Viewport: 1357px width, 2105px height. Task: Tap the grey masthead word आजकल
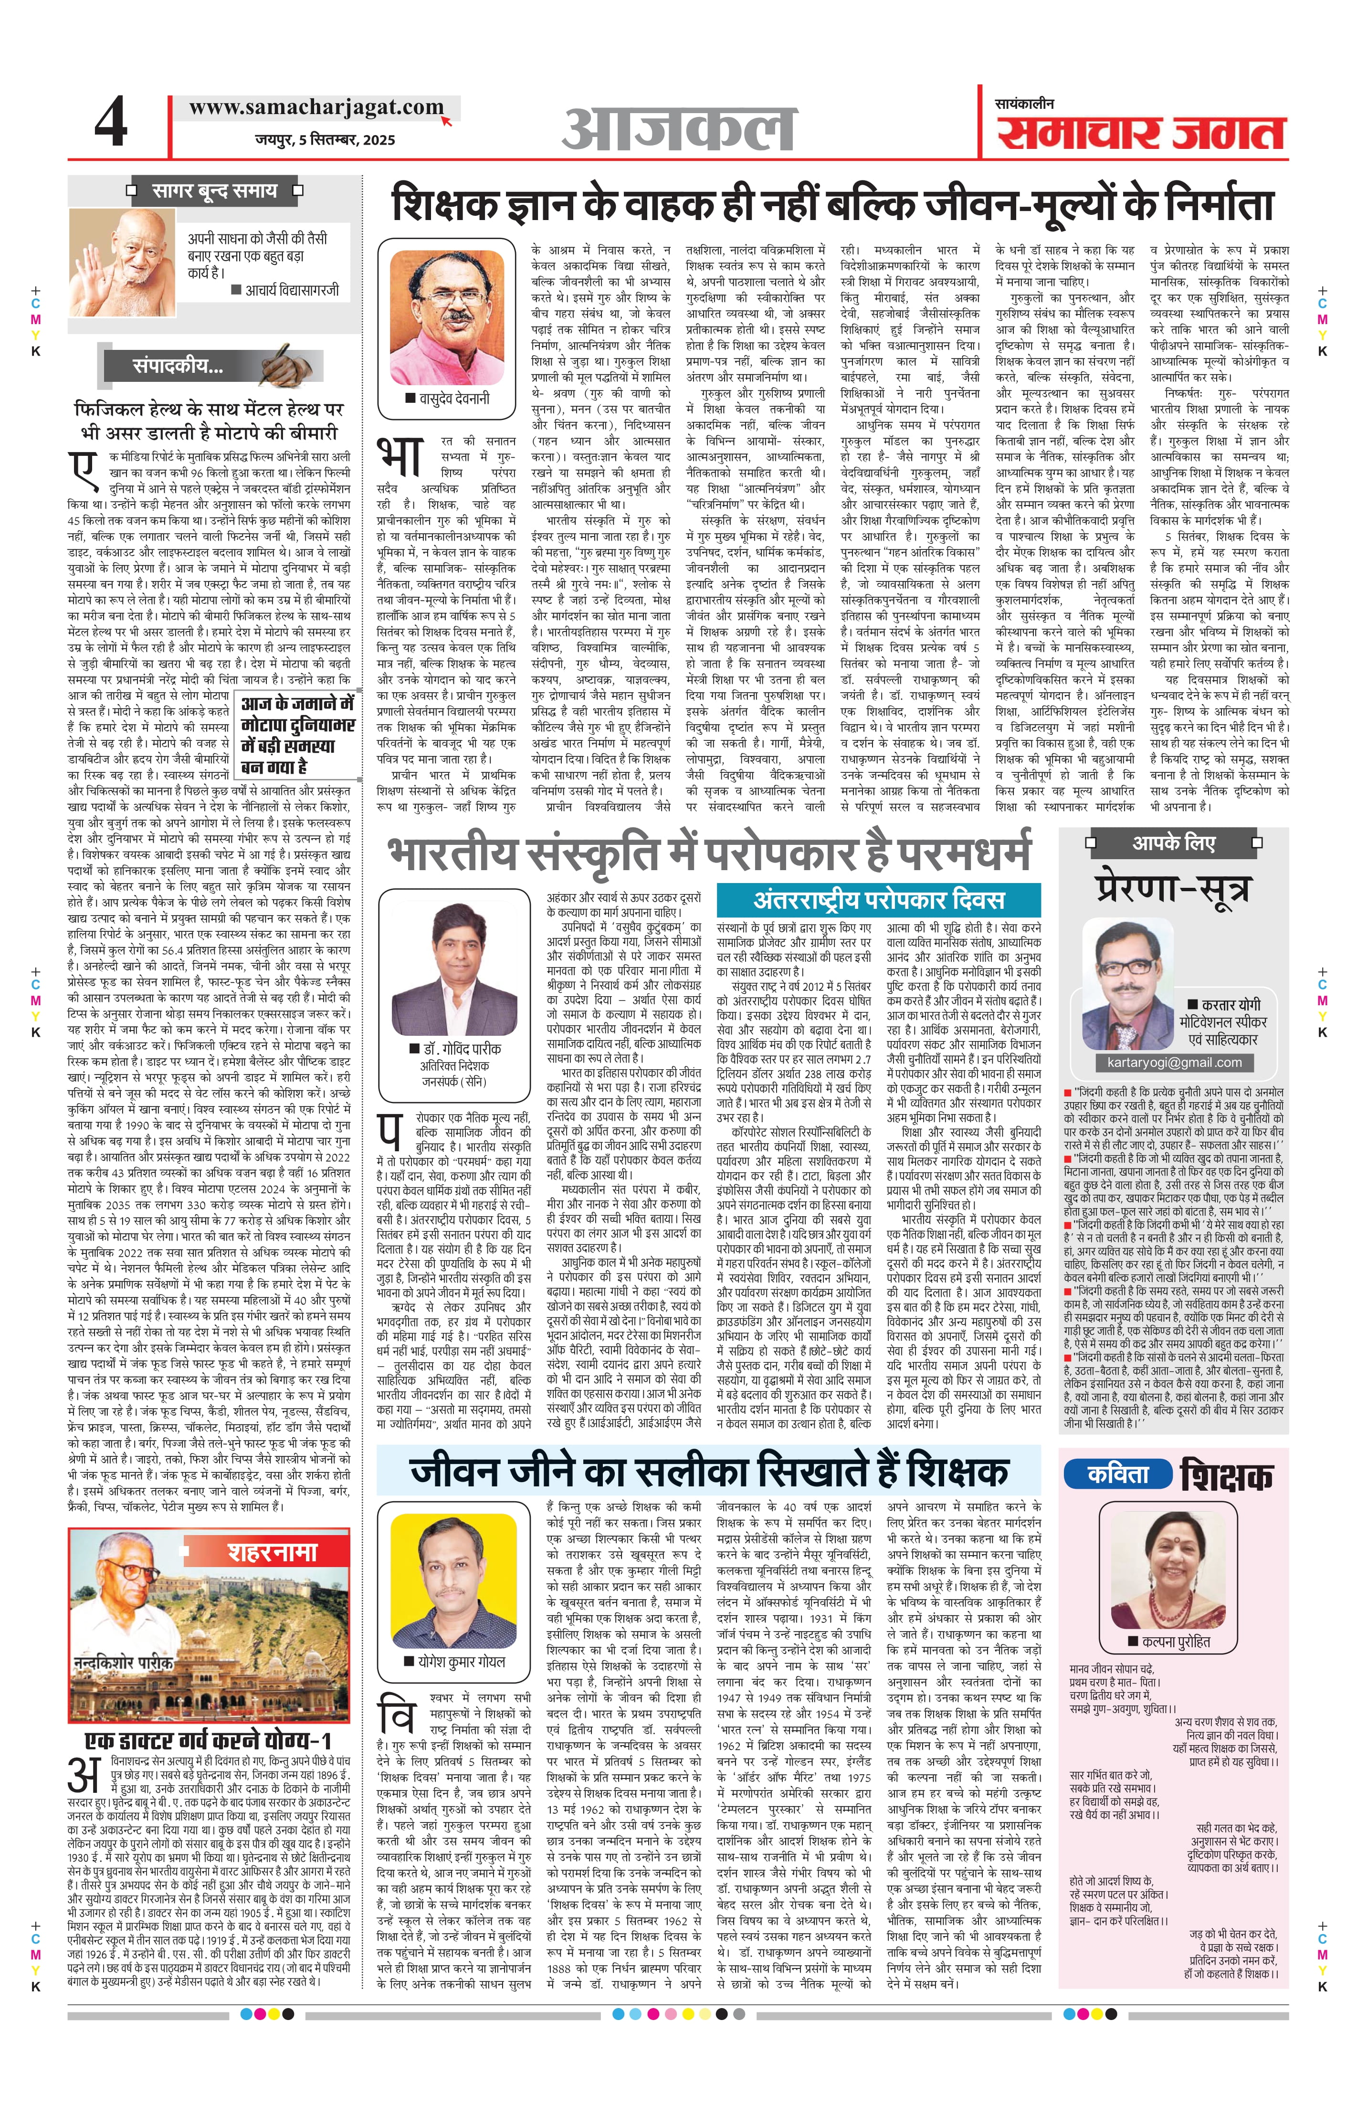(679, 129)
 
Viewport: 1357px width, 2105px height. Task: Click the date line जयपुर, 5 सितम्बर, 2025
(324, 139)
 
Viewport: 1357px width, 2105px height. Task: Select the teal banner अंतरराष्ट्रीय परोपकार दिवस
(879, 899)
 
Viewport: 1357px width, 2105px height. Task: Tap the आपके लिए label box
(1174, 843)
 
